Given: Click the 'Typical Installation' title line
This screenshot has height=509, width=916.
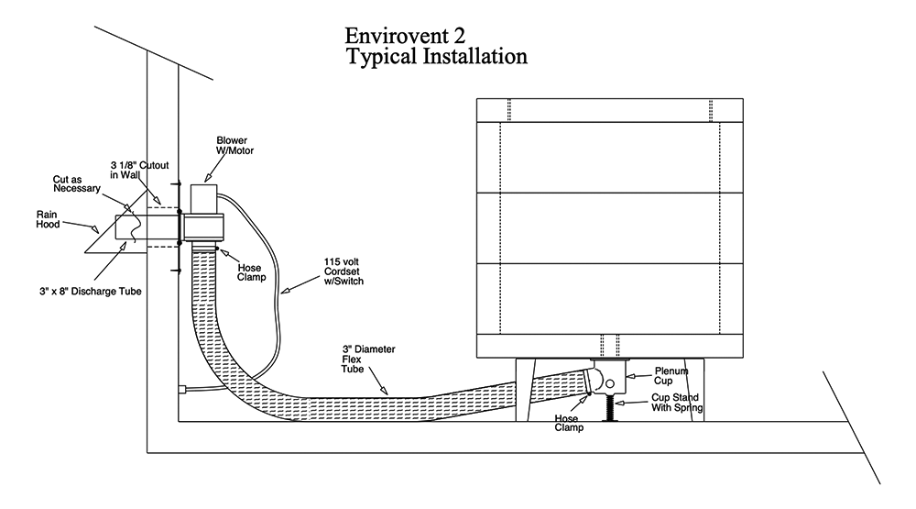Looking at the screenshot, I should pos(437,57).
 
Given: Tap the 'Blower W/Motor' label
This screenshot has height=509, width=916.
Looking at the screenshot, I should pos(232,147).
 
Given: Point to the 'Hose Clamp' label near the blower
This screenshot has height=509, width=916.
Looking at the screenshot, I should pos(250,260).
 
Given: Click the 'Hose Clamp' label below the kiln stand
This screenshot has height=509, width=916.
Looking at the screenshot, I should pos(569,422).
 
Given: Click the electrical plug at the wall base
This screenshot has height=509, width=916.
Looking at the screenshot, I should pos(185,388).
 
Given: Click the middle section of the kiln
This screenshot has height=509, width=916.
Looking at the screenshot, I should pos(608,227).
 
